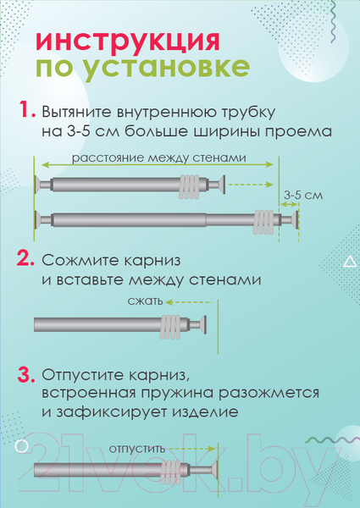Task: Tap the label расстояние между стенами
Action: coord(158,158)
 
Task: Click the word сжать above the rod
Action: coord(141,301)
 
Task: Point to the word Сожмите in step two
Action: coord(79,257)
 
